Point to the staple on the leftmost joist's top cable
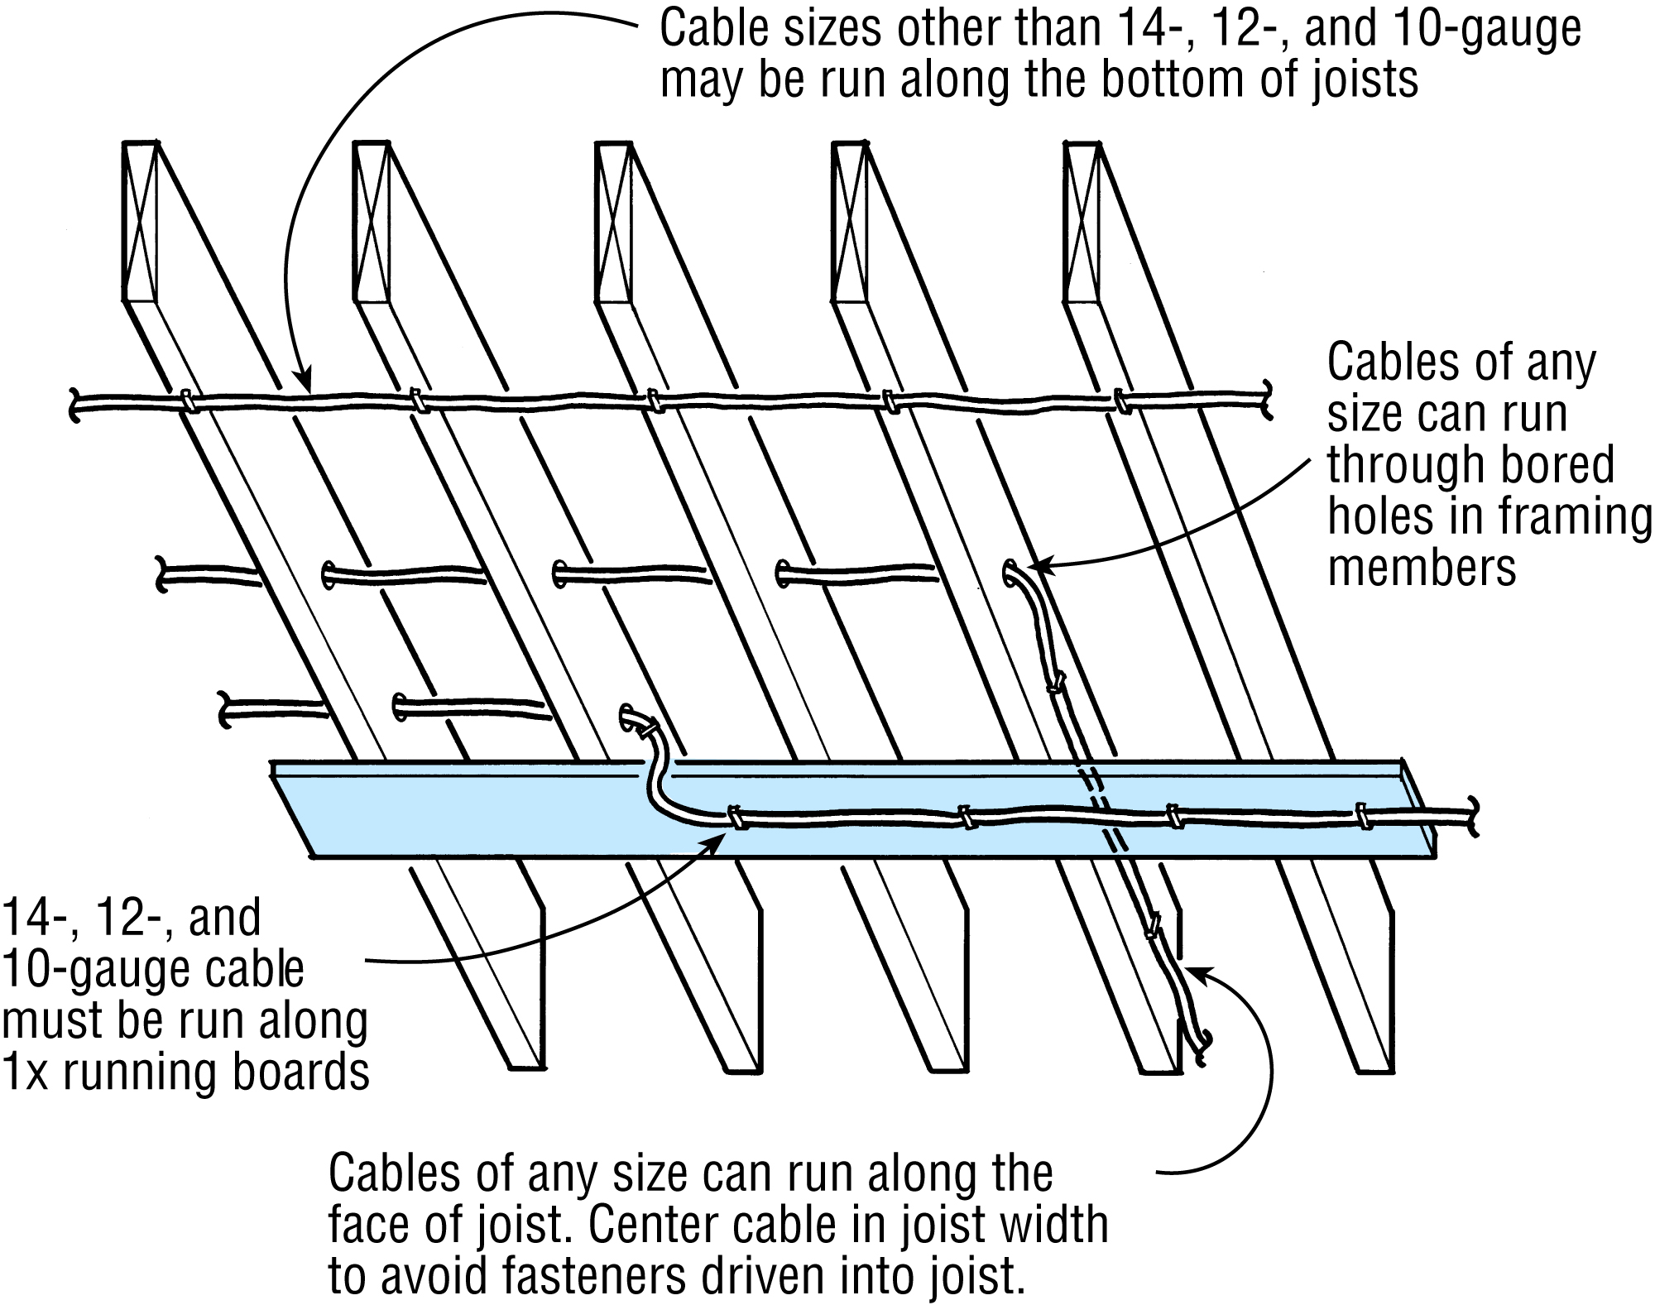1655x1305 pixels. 186,401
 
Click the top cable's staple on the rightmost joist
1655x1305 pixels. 1121,402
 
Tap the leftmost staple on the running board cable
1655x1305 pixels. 734,818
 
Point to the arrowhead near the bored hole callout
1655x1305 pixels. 1036,566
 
